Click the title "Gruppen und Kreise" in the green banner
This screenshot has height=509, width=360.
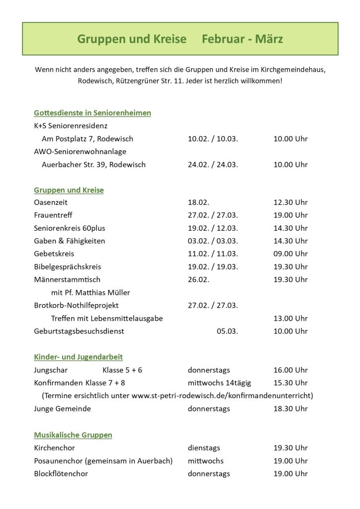(132, 39)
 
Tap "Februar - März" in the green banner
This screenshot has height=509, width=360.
(242, 39)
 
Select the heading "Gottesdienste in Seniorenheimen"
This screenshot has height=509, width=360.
(92, 113)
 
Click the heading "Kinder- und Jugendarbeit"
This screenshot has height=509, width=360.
(78, 357)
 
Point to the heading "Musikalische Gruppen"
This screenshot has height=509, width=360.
(73, 435)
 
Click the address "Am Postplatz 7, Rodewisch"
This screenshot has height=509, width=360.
(88, 139)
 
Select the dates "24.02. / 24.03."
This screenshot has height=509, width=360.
(213, 165)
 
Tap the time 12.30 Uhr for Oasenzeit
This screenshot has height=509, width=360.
(290, 202)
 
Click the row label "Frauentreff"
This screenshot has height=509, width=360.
(53, 215)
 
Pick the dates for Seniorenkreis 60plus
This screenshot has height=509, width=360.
(213, 228)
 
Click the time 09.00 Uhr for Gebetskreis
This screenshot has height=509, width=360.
(290, 254)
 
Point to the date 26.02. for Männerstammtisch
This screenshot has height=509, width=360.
(198, 279)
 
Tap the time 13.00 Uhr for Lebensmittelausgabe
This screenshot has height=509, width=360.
(290, 318)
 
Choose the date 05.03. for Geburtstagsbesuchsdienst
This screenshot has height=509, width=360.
(227, 331)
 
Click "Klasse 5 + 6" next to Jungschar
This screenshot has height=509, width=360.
(122, 370)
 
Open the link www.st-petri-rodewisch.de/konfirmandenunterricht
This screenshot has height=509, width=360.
(222, 396)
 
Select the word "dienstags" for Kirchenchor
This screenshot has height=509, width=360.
(204, 448)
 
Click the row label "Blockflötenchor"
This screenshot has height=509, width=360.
(61, 474)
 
